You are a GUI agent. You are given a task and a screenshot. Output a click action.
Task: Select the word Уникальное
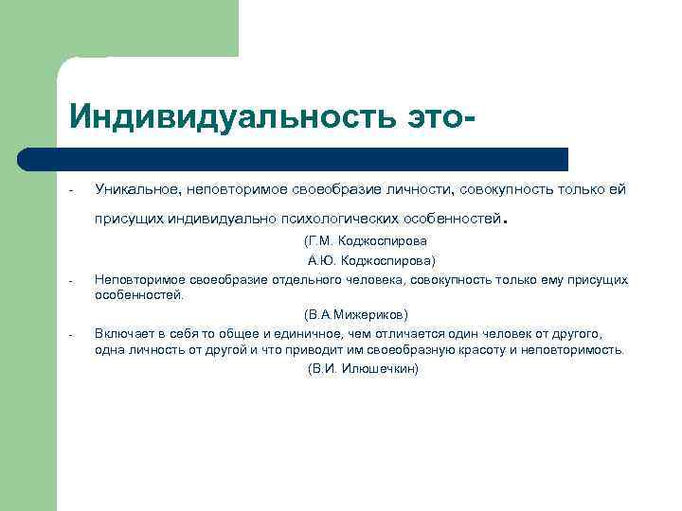130,189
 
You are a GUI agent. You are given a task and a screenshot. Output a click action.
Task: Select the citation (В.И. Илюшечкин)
364,368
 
